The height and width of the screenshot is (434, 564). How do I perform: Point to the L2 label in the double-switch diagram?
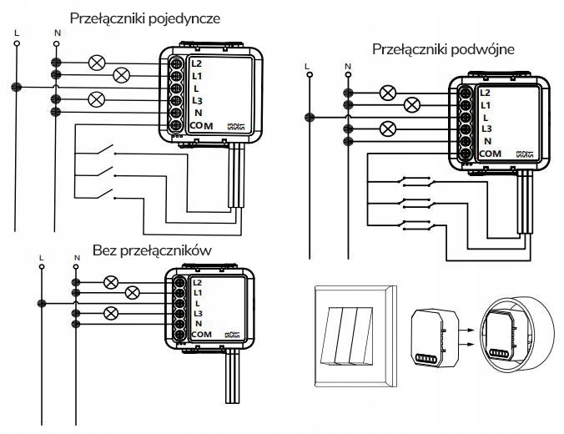point(485,93)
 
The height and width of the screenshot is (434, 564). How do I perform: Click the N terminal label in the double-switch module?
point(485,142)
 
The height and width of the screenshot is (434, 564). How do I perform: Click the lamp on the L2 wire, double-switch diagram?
point(387,93)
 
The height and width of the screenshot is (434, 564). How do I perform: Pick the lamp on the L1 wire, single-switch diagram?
point(122,75)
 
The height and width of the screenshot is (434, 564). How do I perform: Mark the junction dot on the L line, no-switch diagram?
point(39,303)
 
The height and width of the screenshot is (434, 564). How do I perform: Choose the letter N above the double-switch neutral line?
point(346,66)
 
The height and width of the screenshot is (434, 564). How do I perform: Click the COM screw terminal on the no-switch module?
point(179,335)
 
